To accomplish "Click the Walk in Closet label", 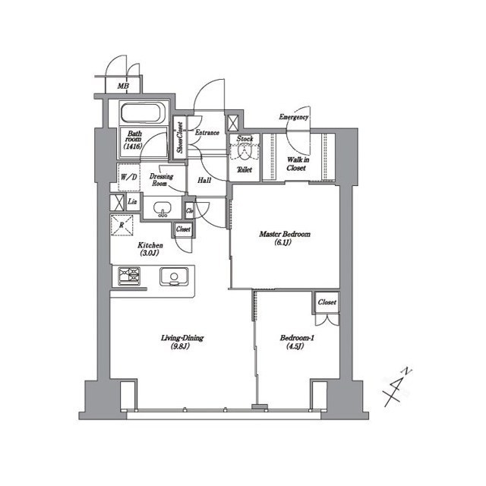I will click(296, 164).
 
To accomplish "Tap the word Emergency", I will click(293, 118).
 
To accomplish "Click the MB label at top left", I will click(123, 87).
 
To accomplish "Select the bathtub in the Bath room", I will click(141, 115).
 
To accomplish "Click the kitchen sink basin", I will click(173, 276).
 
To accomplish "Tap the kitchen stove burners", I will click(130, 276).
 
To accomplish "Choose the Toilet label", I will click(245, 170).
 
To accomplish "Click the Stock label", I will click(245, 139).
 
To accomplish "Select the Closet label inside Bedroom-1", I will click(327, 302).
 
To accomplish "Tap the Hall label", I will click(204, 181).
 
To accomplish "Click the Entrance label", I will click(207, 133).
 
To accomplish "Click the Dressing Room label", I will click(160, 179).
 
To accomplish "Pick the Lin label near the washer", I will click(132, 201).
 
